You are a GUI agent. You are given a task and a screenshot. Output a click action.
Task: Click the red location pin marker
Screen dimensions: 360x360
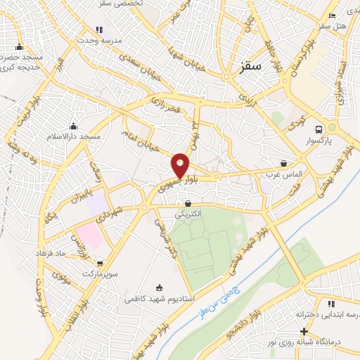click(x=181, y=165)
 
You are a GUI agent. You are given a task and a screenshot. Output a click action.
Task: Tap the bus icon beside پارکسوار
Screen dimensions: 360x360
click(x=319, y=129)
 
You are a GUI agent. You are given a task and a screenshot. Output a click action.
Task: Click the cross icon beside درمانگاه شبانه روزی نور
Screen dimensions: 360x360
click(x=303, y=331)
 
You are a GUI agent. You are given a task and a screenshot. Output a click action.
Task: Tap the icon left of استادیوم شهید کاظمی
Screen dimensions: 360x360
click(x=159, y=287)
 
